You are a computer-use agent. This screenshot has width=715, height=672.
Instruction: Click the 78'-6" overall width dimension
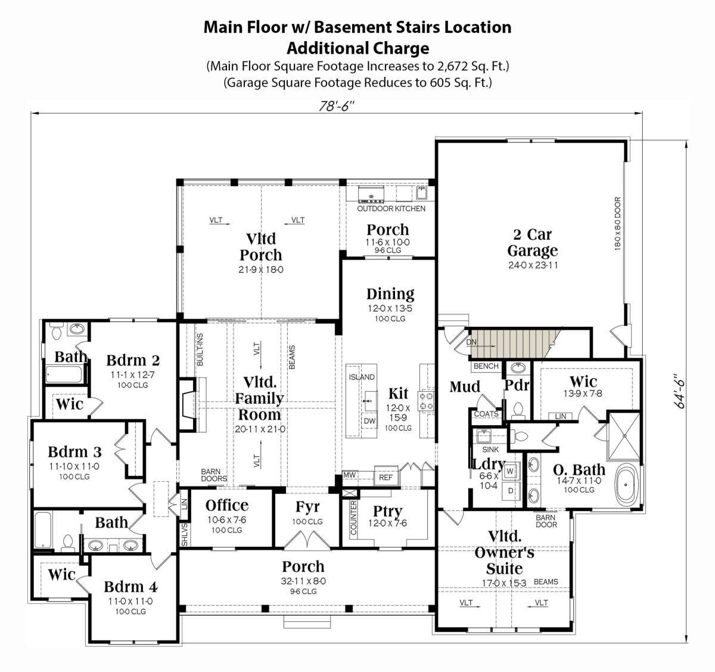point(337,107)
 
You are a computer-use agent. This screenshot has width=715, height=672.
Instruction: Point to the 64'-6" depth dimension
point(680,391)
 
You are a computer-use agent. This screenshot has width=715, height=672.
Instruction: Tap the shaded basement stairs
point(514,343)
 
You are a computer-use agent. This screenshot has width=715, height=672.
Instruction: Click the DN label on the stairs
point(471,342)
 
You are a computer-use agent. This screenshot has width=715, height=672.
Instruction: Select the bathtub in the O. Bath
point(627,484)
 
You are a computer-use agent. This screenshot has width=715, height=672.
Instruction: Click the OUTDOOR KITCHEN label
point(391,209)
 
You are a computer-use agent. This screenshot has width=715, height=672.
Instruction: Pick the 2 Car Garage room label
point(533,243)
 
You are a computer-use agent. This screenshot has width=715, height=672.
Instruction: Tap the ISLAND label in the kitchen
point(362,377)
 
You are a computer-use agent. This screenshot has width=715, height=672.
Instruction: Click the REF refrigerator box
point(386,477)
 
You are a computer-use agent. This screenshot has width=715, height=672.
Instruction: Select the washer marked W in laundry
point(510,471)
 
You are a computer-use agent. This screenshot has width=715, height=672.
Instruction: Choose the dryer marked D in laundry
point(511,491)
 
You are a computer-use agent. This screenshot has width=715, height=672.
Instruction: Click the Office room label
point(227,506)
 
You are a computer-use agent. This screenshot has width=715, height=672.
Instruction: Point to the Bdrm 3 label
point(74,452)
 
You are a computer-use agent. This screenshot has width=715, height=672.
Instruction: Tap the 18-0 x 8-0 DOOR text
point(617,224)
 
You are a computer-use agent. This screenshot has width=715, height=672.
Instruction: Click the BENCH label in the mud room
point(486,366)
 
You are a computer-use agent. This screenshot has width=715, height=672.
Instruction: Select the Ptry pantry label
point(387,511)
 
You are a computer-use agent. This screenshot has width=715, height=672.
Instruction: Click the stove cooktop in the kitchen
point(426,401)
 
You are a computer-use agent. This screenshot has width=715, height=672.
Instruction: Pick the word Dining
point(390,293)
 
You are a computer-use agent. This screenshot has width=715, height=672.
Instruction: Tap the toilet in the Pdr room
point(518,410)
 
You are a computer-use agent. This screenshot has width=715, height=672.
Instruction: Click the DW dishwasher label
point(369,421)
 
